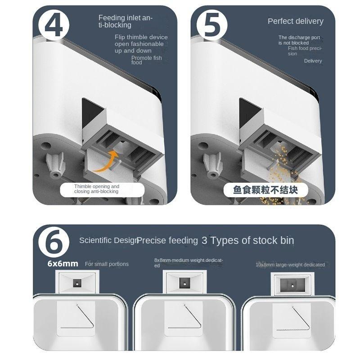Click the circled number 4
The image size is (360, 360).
(54, 26)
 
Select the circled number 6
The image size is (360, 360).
(54, 242)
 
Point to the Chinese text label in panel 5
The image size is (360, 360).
(266, 189)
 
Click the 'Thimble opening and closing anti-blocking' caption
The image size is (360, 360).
(97, 189)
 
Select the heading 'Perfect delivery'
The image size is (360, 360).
(295, 21)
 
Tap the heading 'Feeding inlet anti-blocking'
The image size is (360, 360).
(126, 22)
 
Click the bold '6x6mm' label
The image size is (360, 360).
(63, 264)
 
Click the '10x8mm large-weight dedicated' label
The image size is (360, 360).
(290, 265)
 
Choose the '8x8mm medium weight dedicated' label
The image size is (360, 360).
(189, 263)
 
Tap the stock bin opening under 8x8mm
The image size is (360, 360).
(185, 283)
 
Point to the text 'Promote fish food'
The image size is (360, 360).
(146, 60)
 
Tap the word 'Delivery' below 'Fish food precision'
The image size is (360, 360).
(313, 61)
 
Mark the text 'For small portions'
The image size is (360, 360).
(107, 264)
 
